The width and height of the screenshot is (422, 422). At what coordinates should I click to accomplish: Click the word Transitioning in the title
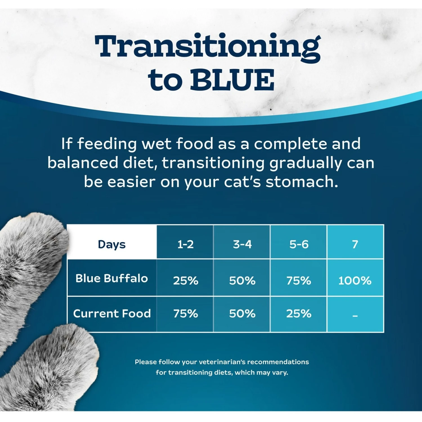tap(208, 46)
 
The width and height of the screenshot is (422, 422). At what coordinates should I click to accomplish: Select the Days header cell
tap(112, 244)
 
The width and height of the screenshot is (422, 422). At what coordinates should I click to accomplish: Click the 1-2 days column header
tap(185, 244)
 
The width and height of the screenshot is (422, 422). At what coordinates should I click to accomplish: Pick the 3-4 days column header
tap(242, 244)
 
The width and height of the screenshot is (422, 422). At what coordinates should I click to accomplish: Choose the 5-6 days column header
tap(299, 244)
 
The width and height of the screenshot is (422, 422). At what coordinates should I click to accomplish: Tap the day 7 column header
tap(355, 244)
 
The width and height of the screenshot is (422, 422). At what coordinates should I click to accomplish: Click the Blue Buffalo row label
tap(112, 278)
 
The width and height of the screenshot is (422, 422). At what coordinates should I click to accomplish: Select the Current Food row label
tap(112, 313)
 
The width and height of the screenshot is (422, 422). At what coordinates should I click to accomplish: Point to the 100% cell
tap(355, 280)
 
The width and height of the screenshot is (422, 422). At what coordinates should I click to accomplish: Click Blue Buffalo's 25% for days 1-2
tap(185, 280)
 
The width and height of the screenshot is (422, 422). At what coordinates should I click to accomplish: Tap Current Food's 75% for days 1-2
tap(185, 313)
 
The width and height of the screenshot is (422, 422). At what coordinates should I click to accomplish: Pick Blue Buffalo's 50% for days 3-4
tap(242, 280)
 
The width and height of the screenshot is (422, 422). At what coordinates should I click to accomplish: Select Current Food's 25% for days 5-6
tap(299, 313)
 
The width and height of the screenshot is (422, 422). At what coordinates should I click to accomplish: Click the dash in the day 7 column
tap(355, 316)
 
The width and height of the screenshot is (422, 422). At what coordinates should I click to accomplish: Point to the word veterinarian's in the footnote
tap(222, 362)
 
